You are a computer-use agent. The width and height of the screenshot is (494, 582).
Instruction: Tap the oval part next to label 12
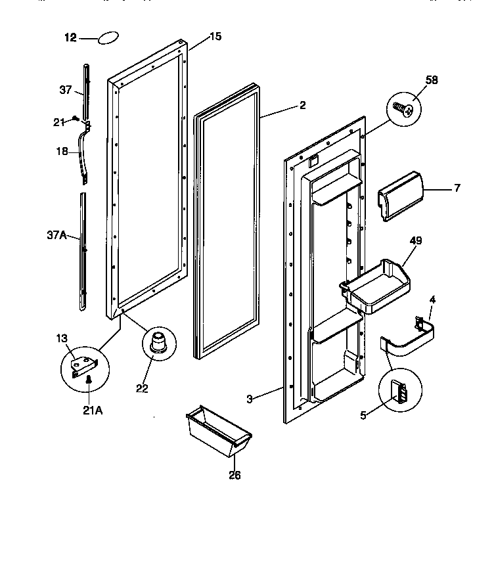coord(108,38)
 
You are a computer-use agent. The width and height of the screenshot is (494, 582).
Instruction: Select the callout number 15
coord(215,37)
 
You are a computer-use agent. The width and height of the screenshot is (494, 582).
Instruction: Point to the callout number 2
coord(302,104)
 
